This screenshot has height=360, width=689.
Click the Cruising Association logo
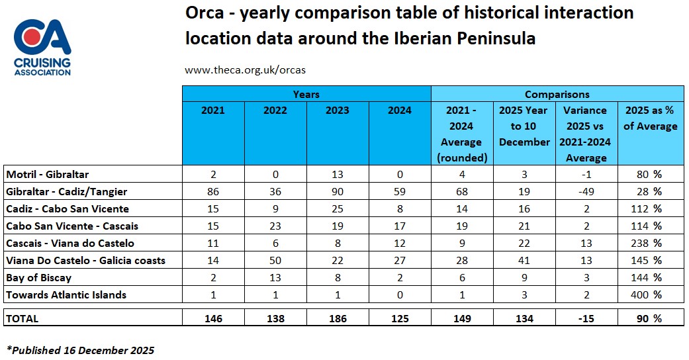42,47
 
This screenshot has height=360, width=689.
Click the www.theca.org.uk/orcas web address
245,69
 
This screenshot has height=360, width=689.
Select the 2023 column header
338,111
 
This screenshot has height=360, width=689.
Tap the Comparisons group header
557,95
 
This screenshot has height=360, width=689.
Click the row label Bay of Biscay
38,278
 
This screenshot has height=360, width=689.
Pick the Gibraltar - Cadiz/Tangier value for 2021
213,192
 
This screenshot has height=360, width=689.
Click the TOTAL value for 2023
338,318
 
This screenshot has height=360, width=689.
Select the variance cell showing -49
586,192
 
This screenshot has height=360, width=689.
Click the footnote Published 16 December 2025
80,350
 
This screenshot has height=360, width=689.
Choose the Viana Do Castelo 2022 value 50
275,261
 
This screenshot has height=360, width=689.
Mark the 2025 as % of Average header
649,118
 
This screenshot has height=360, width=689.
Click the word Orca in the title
206,13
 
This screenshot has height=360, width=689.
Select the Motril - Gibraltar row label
47,175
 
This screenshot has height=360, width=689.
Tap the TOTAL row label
23,318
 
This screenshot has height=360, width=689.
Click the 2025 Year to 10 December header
524,126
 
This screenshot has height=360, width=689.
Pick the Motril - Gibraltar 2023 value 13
338,175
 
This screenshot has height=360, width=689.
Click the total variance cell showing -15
586,318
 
